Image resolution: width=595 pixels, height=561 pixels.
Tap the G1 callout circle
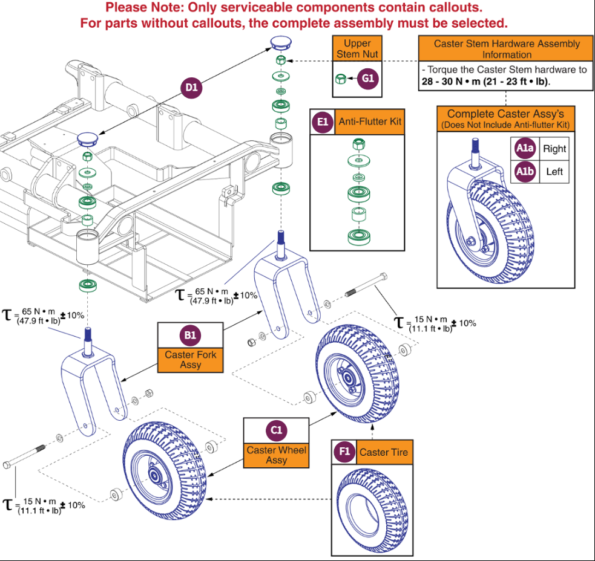point(369,79)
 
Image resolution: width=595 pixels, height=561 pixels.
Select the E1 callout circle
point(322,122)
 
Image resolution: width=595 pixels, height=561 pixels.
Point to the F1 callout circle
point(344,452)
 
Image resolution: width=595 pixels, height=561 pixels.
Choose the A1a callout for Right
point(524,149)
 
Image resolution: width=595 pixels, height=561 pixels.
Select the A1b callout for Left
point(524,172)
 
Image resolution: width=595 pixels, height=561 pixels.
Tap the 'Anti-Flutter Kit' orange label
point(370,122)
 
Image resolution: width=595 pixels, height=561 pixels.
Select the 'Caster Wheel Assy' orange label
point(276,455)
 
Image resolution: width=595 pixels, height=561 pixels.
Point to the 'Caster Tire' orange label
point(383,452)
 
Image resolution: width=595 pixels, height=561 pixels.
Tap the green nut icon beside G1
point(341,79)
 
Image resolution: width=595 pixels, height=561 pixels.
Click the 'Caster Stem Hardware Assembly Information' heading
point(506,49)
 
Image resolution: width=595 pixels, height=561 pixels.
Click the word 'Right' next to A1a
point(554,149)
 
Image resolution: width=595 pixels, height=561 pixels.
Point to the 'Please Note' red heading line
point(294,8)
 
